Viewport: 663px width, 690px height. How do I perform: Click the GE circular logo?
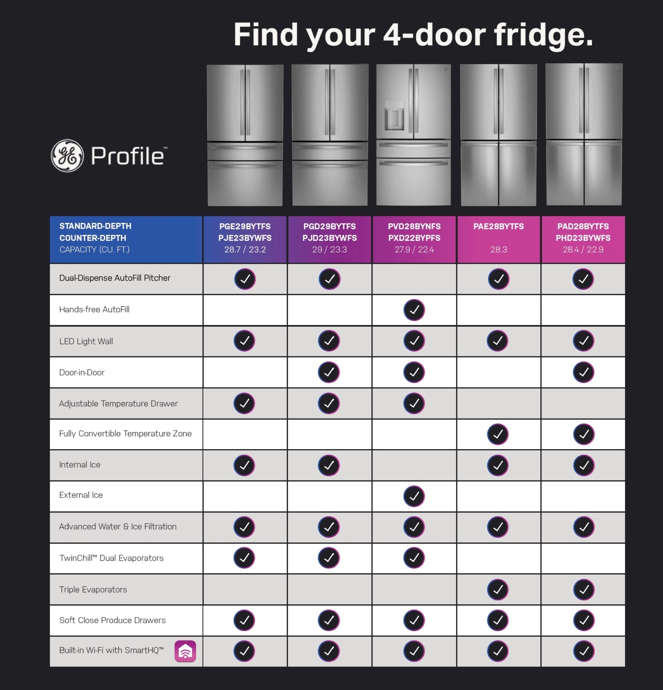point(67,156)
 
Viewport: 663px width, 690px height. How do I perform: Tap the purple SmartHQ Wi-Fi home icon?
point(185,651)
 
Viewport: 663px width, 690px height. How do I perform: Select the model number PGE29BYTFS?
point(245,226)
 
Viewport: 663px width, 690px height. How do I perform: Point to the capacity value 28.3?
point(498,250)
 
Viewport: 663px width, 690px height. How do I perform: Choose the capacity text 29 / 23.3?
point(329,250)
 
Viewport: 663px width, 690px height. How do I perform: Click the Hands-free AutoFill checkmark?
point(414,310)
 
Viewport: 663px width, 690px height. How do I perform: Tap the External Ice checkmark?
point(414,496)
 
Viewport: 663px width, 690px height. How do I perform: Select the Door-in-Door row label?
point(82,372)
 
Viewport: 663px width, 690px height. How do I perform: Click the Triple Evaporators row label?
point(93,589)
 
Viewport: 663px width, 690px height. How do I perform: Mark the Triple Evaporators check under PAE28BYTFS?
point(498,589)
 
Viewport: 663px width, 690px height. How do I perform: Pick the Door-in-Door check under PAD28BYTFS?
point(583,372)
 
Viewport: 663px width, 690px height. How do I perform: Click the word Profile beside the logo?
point(128,156)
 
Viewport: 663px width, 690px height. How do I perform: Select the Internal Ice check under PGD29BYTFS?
point(329,465)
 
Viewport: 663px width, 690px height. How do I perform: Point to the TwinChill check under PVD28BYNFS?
point(414,558)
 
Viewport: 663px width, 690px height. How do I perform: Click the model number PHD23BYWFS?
point(583,238)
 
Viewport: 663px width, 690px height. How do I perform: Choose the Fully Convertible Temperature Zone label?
point(125,434)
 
